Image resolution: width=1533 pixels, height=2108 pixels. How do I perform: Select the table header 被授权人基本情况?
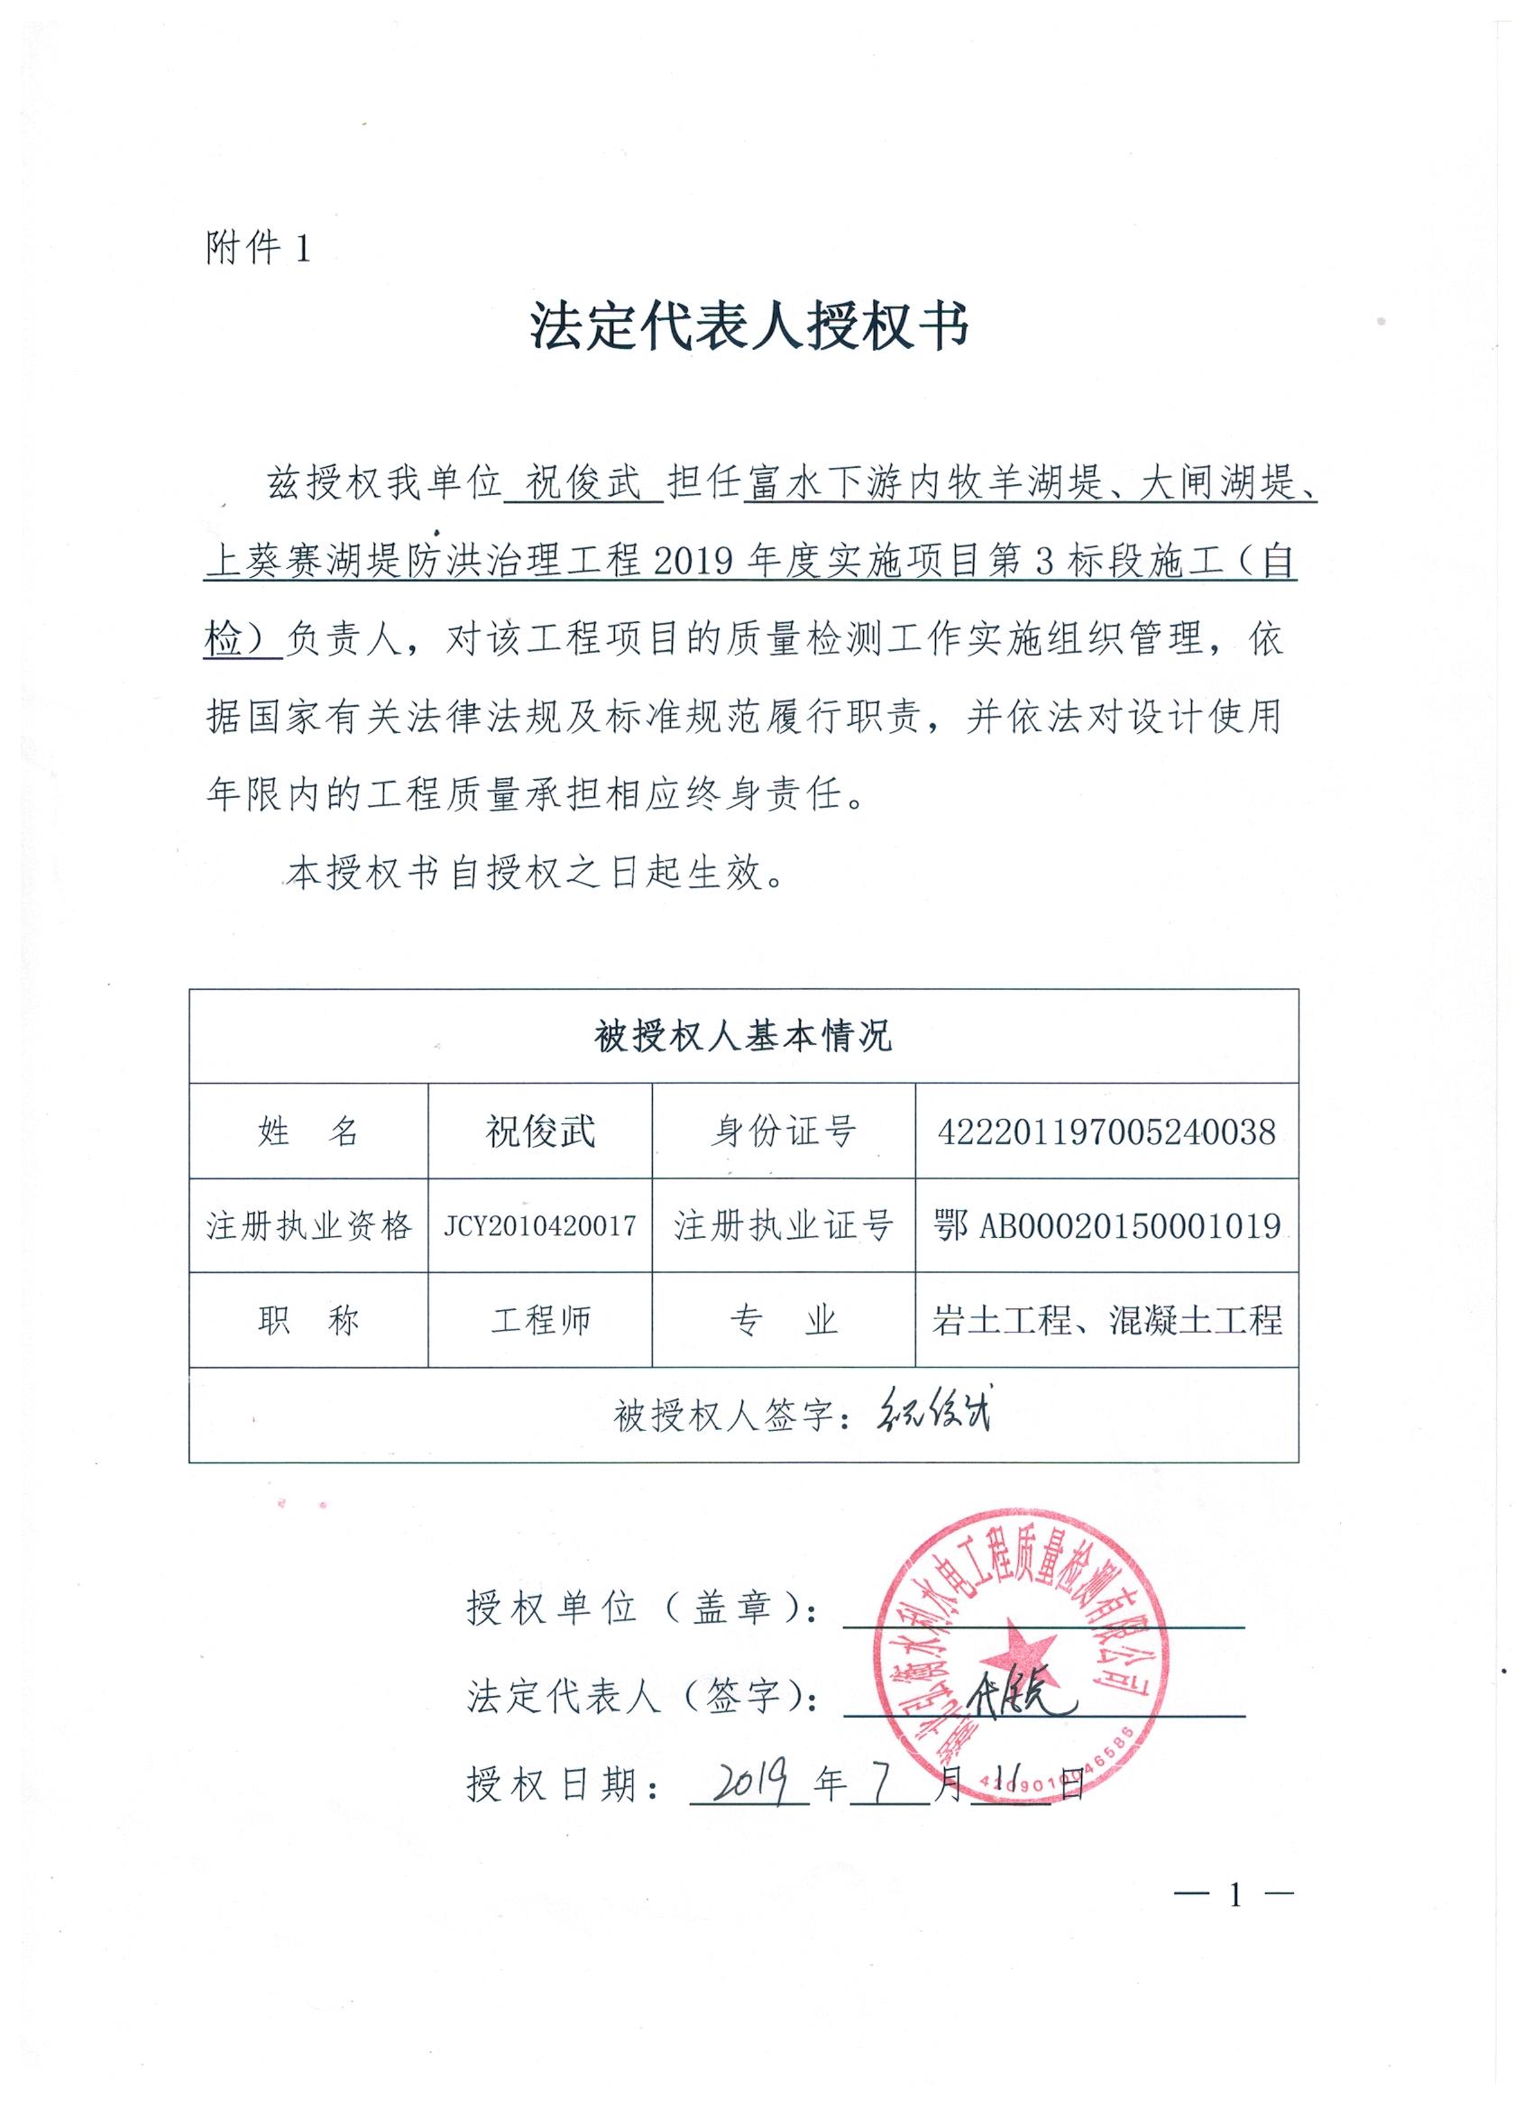click(743, 1036)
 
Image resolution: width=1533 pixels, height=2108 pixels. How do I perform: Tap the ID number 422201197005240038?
click(1106, 1132)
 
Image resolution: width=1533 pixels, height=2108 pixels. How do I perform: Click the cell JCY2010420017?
click(540, 1226)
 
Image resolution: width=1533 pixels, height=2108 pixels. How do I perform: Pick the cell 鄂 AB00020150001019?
click(1106, 1226)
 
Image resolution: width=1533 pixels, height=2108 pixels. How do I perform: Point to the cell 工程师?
click(540, 1321)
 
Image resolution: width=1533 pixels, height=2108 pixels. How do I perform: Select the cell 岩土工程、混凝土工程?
click(1106, 1321)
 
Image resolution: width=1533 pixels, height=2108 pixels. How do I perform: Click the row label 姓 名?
click(308, 1132)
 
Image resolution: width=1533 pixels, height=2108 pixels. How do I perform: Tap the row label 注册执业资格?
click(308, 1226)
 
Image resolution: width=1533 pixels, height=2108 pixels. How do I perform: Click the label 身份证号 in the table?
click(783, 1132)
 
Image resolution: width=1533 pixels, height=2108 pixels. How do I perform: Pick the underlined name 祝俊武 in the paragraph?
click(583, 485)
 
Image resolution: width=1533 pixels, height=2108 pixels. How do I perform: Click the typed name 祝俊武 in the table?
click(540, 1132)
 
